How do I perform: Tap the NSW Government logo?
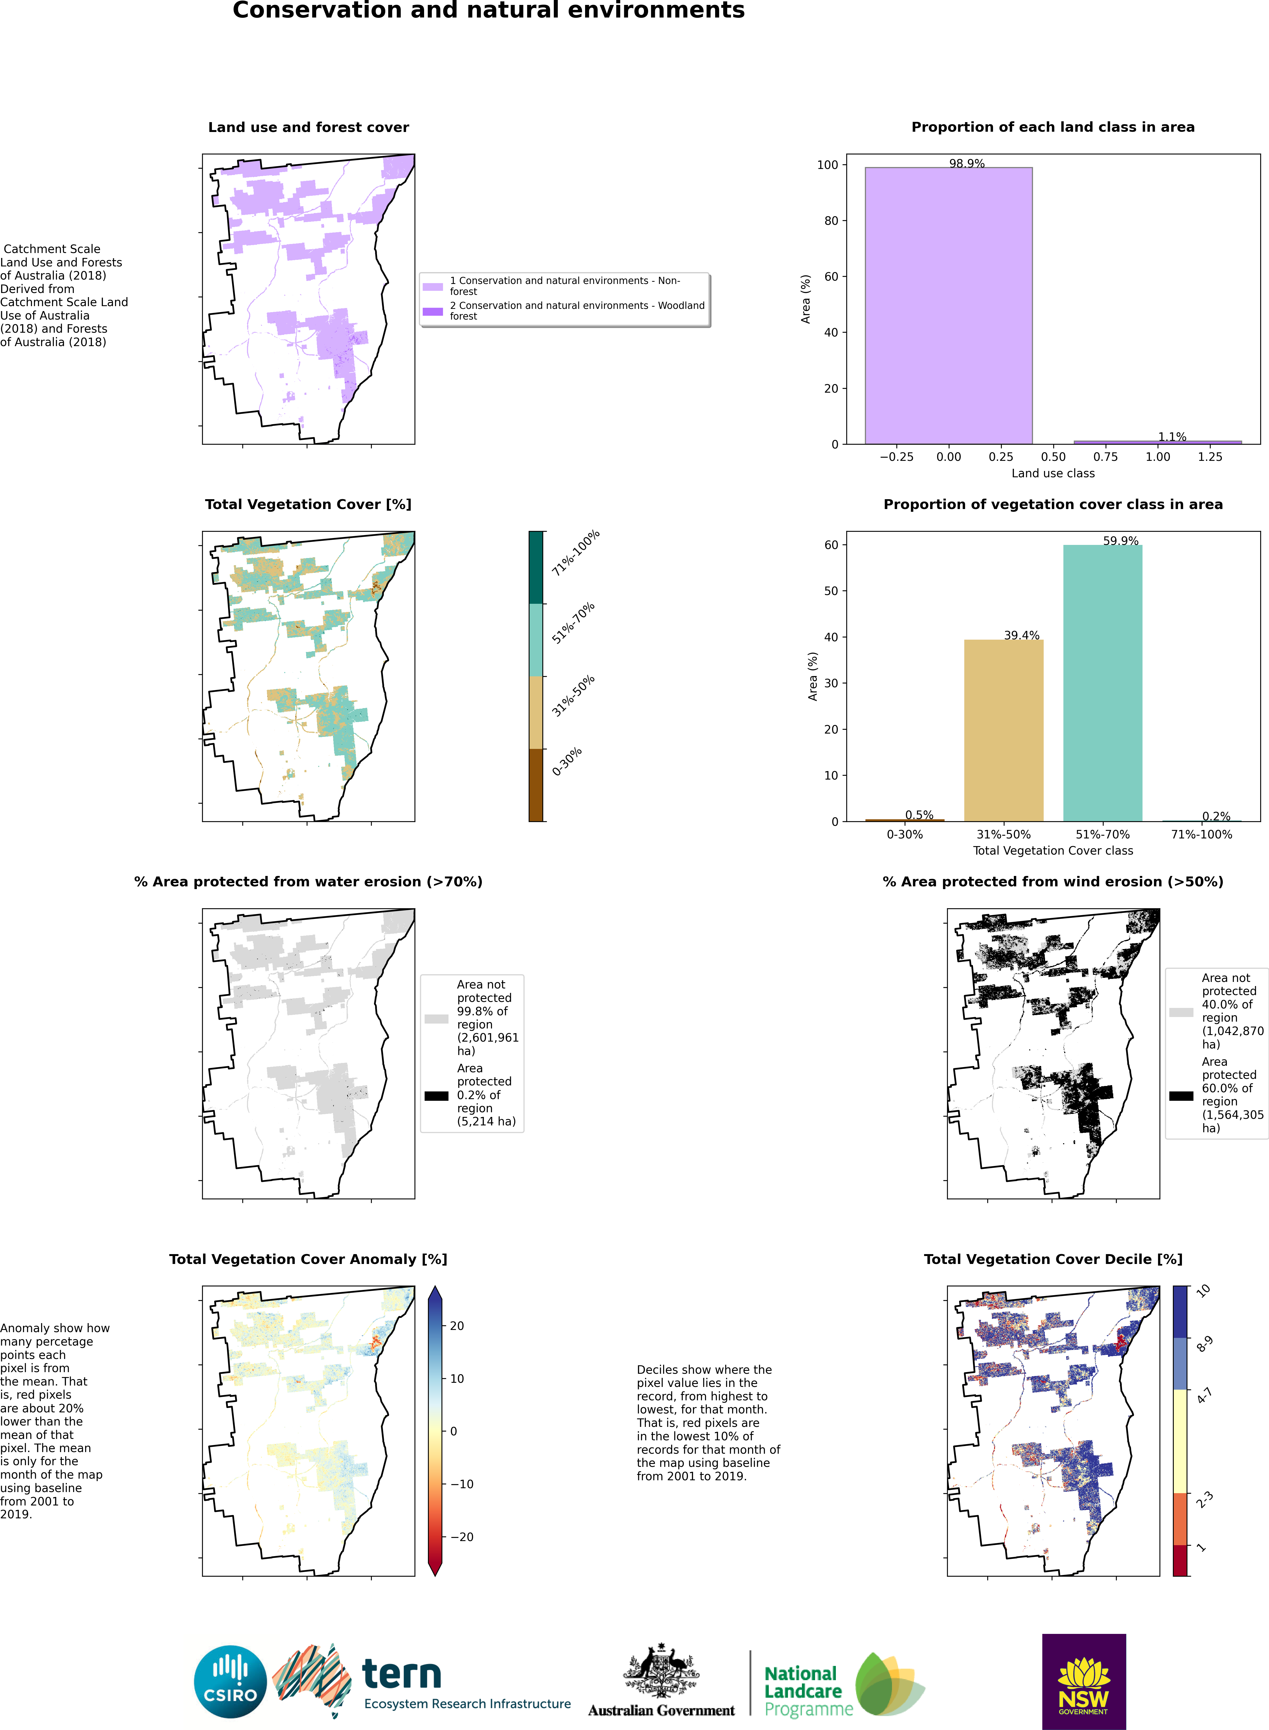(x=1083, y=1681)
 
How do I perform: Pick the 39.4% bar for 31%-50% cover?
(x=1003, y=730)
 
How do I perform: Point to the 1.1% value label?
(x=1172, y=436)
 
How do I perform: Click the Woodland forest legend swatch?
(x=433, y=311)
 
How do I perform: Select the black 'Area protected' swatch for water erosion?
(x=436, y=1096)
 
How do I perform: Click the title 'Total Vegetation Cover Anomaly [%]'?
(x=308, y=1259)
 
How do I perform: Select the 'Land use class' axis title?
(x=1052, y=473)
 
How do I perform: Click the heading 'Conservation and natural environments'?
(x=488, y=11)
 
